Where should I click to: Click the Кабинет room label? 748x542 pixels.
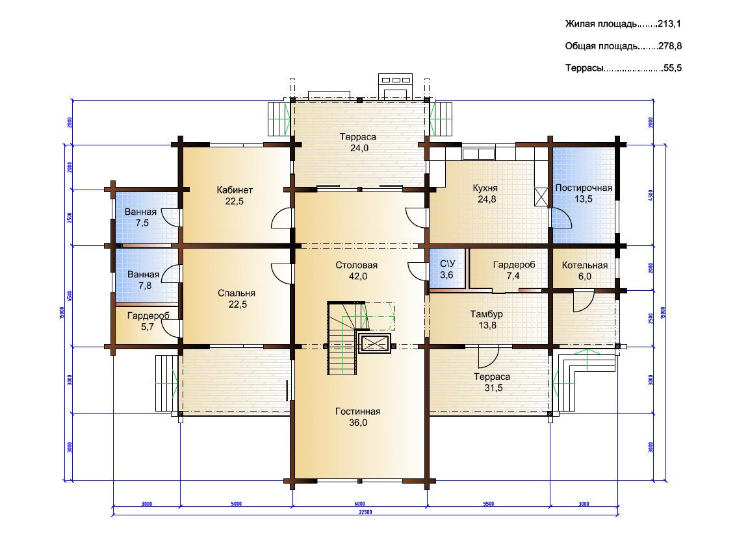234,196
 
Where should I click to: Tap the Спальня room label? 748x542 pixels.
237,299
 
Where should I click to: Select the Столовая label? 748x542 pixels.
356,271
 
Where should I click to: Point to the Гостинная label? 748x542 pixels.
358,417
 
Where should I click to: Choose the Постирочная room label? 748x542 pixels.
584,193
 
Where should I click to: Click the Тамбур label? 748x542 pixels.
487,319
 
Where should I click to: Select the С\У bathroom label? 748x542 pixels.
447,269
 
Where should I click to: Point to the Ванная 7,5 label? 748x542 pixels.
141,217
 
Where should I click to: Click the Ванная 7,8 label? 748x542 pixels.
144,280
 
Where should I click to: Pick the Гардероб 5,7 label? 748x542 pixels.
148,321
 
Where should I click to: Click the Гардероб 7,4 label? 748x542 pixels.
514,270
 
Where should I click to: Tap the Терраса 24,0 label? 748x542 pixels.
358,142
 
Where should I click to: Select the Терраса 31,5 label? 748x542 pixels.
493,382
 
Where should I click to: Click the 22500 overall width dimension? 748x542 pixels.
365,513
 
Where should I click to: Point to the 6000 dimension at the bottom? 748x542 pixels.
359,504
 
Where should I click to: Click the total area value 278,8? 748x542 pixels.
670,46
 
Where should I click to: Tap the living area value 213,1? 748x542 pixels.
669,24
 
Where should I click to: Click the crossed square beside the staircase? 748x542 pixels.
375,343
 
